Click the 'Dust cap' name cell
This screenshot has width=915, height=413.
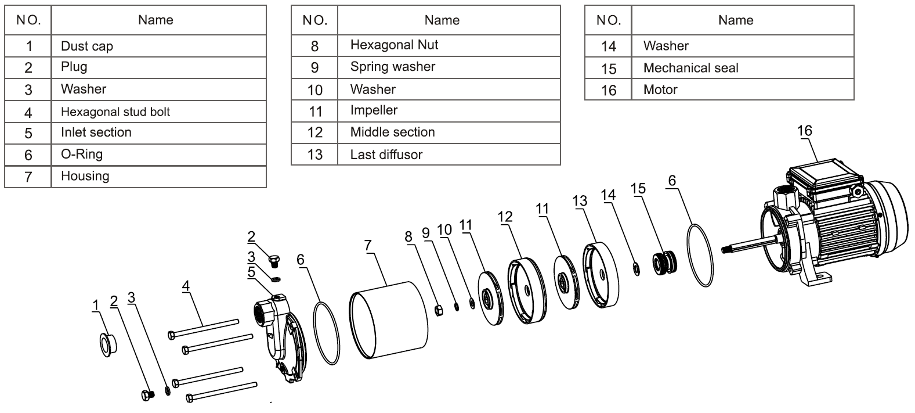(x=87, y=46)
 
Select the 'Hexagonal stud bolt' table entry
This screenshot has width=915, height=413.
(x=115, y=112)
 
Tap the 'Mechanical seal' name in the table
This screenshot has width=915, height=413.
(x=690, y=68)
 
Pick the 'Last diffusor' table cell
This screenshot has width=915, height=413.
(x=386, y=155)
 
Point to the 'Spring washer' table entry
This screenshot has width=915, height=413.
(x=393, y=67)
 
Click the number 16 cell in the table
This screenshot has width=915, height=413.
(x=608, y=90)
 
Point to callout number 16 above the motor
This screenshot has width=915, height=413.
(x=805, y=131)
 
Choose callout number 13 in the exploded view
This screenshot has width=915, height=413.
(x=580, y=201)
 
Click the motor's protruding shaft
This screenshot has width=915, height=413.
(x=748, y=244)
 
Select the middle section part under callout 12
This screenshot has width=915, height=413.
(x=527, y=289)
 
